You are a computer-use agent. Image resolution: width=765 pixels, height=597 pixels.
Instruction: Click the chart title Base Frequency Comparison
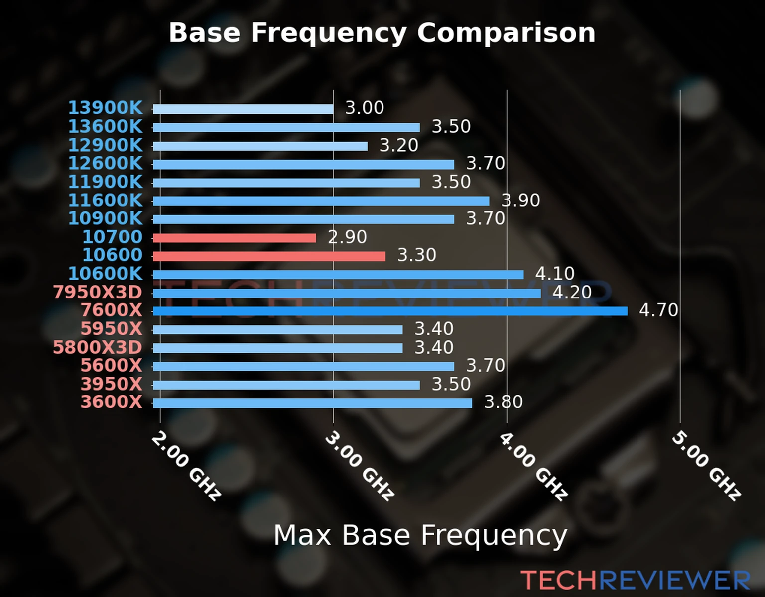point(382,33)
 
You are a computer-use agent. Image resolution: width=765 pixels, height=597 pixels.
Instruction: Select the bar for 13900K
point(243,109)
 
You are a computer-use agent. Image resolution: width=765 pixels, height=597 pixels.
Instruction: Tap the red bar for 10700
point(234,238)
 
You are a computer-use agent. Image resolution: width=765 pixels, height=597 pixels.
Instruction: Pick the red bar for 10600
point(269,256)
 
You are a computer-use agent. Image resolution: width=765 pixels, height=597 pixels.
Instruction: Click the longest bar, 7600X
point(390,311)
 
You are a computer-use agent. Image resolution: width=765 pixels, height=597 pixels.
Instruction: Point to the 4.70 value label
point(658,310)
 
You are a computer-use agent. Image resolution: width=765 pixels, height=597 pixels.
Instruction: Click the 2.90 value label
point(347,237)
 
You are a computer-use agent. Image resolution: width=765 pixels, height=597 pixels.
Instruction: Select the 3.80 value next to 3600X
point(503,402)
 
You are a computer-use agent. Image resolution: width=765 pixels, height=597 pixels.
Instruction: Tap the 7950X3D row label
point(98,292)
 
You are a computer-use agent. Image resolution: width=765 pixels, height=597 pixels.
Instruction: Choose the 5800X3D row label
point(98,347)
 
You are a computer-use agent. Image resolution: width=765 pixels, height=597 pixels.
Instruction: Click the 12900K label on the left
point(105,145)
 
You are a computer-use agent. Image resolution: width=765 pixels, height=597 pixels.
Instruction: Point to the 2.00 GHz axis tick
point(185,466)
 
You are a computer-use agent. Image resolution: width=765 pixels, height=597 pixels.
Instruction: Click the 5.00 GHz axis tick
point(706,466)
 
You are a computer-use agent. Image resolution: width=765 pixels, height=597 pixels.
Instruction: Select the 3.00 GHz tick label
point(359,466)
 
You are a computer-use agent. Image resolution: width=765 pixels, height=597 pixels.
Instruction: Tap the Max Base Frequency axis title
point(420,535)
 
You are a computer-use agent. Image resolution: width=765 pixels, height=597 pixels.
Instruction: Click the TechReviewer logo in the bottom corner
point(635,580)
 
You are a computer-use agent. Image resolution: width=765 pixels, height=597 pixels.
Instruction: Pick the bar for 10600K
point(338,275)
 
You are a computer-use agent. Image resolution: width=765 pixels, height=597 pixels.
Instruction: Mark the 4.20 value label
point(572,292)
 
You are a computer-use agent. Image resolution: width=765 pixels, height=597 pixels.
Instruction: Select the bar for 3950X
point(286,385)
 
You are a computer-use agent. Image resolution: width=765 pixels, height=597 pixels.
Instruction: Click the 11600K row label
point(105,200)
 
